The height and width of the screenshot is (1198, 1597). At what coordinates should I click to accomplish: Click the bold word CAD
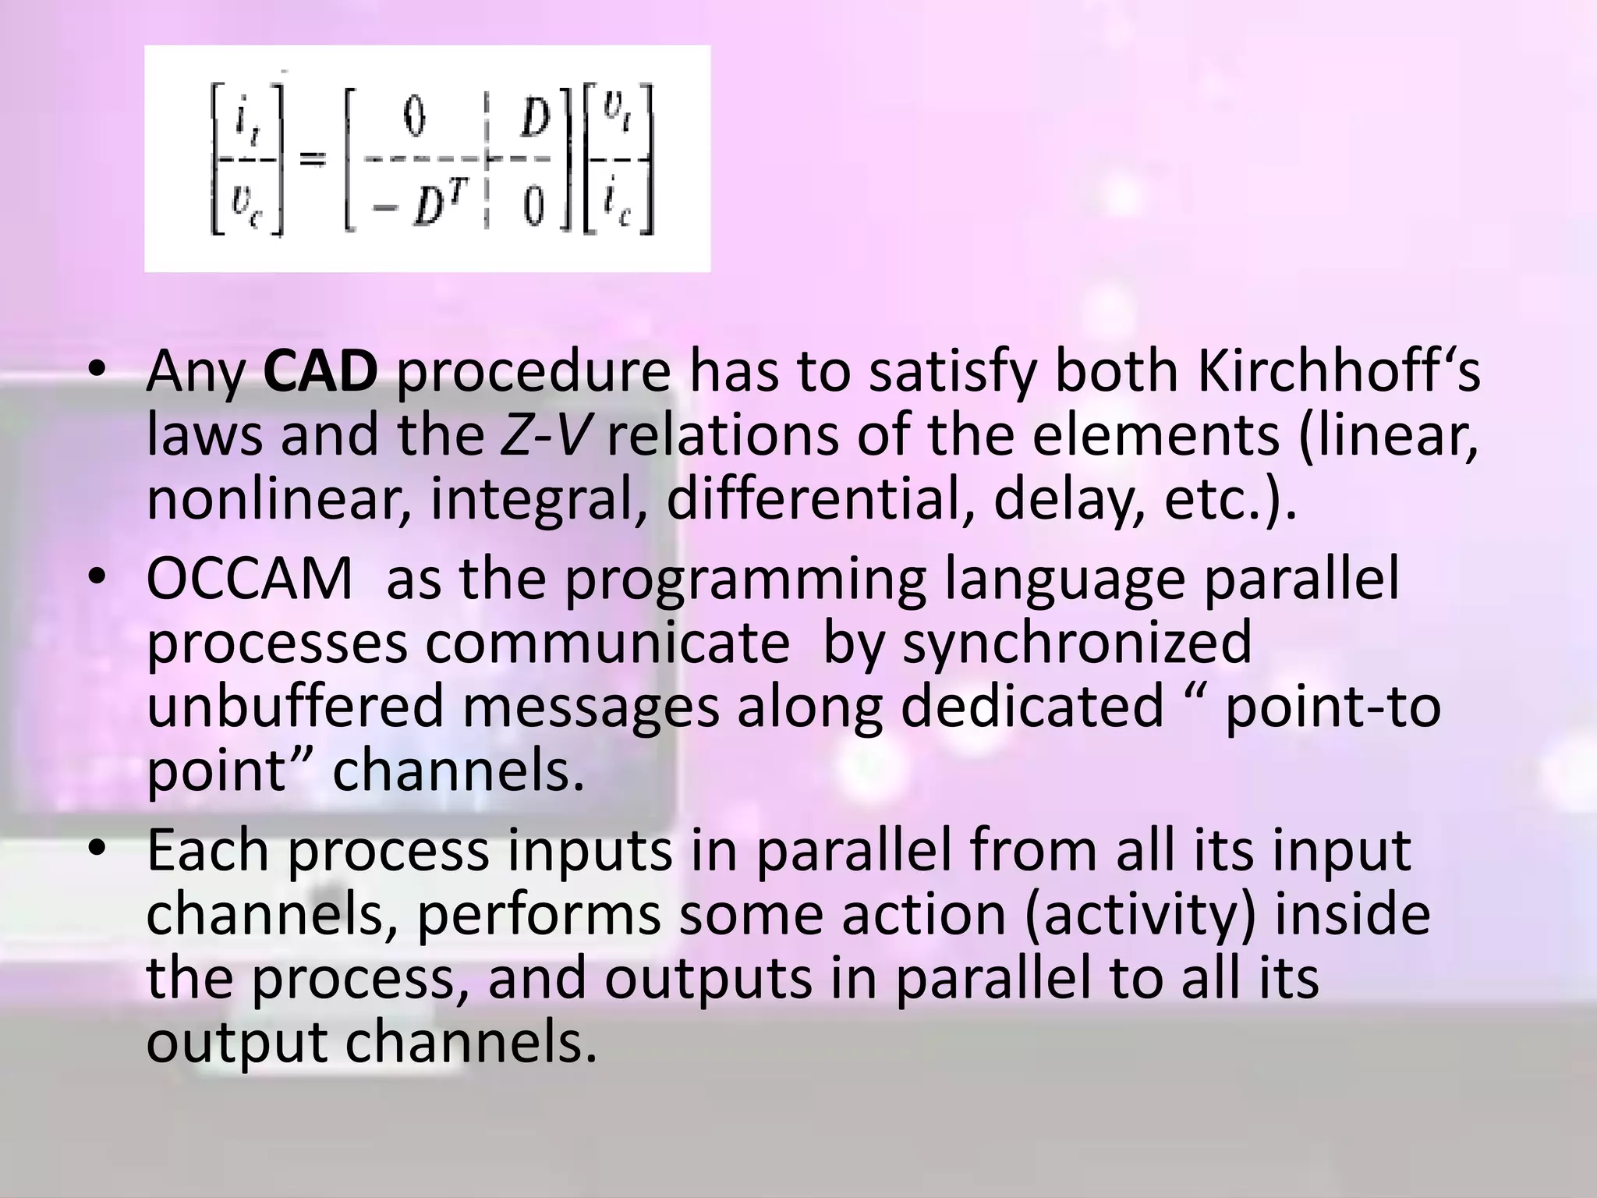320,371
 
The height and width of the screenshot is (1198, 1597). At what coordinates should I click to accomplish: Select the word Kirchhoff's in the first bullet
1338,371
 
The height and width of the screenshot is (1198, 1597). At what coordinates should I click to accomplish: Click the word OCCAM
250,579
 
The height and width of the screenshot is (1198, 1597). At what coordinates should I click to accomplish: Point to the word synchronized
1076,643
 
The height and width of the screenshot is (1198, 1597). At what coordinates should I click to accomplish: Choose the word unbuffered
295,707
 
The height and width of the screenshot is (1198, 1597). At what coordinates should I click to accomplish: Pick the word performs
539,914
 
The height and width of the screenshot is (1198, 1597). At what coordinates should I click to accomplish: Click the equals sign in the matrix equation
313,158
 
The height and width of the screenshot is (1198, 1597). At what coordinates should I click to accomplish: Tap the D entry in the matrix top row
535,119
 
